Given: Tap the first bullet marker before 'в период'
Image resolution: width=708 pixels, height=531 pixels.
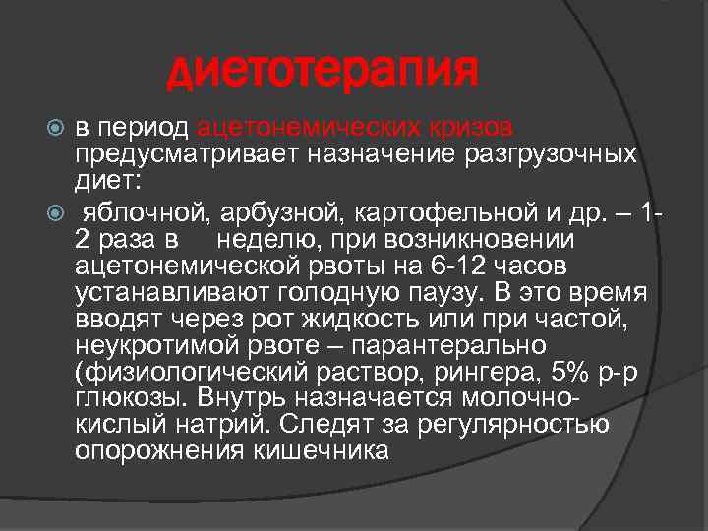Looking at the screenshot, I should (x=56, y=129).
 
